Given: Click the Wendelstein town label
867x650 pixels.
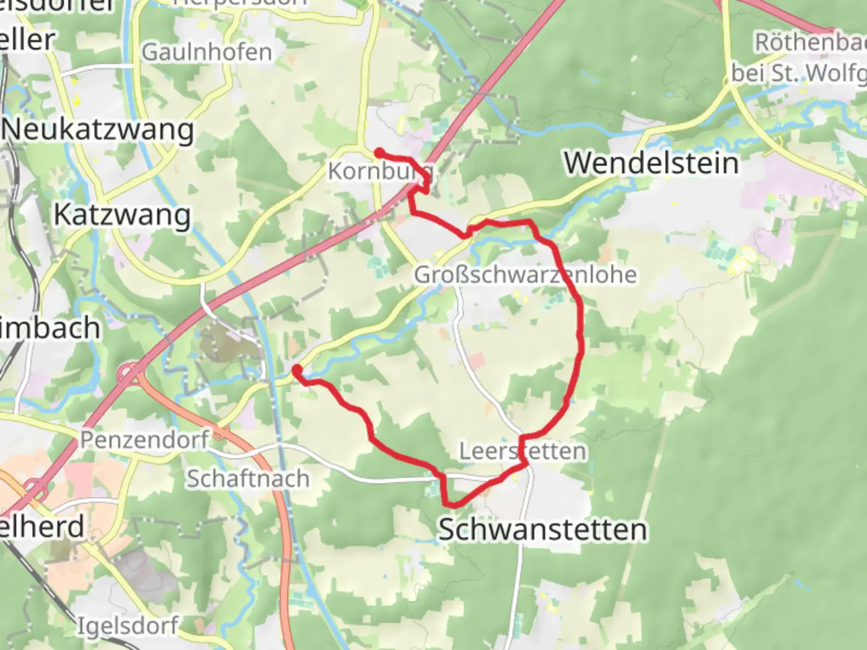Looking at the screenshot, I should click(x=651, y=163).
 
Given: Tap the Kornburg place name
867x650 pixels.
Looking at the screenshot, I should click(x=379, y=172).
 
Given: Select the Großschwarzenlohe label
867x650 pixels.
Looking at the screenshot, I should click(x=525, y=274).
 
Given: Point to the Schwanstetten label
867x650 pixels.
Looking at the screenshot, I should click(x=542, y=530).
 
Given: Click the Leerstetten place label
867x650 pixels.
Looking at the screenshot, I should click(x=523, y=451).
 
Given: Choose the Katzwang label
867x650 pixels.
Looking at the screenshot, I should click(x=122, y=215).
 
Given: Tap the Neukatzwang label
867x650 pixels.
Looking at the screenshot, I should click(x=98, y=130).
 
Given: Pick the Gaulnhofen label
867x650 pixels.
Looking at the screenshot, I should click(x=207, y=52).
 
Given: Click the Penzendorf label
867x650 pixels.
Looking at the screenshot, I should click(x=144, y=439).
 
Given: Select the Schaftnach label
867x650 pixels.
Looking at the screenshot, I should click(x=248, y=478).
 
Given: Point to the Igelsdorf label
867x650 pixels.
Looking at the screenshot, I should click(x=128, y=626).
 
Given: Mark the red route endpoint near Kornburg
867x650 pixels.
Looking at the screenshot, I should click(x=379, y=152).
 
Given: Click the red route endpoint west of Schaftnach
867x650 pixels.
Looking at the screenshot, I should click(x=297, y=369).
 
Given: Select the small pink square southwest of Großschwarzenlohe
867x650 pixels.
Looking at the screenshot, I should click(x=476, y=361).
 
